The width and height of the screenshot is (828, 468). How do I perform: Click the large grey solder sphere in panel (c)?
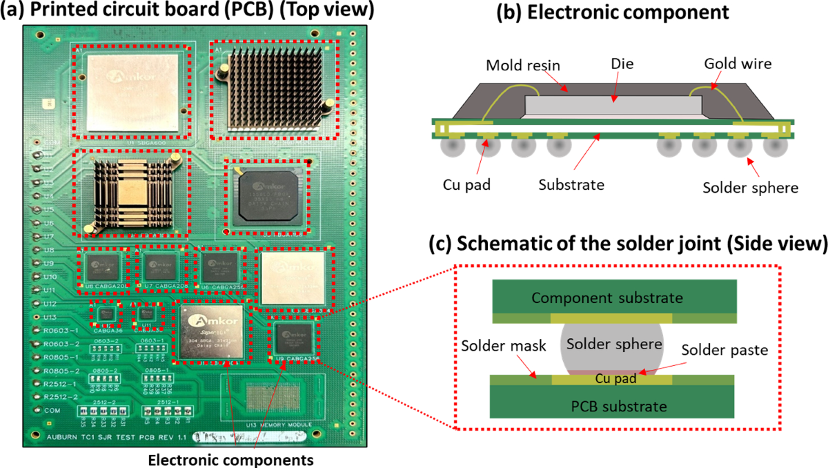coord(611,342)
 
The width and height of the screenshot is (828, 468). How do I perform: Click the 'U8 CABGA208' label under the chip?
coord(104,286)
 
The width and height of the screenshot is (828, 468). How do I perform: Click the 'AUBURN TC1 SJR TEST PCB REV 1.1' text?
coord(116,438)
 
